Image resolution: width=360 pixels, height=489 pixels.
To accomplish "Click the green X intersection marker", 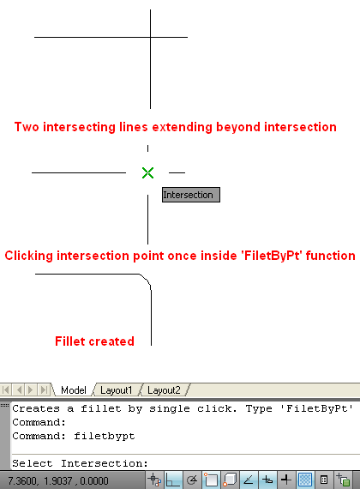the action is tap(147, 172).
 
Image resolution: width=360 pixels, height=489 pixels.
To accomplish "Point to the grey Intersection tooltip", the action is tap(191, 195).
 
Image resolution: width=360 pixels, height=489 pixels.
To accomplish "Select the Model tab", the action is tap(74, 390).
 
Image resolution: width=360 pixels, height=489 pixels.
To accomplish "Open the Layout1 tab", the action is tap(117, 390).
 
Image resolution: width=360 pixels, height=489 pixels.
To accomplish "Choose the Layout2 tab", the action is tap(164, 390).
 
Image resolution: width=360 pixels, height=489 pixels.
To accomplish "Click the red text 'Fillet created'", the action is tap(95, 341).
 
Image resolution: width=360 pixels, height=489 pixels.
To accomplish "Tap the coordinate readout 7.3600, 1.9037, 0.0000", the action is tap(58, 480).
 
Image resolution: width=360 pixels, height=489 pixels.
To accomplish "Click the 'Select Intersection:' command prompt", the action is tap(80, 463).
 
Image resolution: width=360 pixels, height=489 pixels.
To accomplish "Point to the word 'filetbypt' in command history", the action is tap(105, 436).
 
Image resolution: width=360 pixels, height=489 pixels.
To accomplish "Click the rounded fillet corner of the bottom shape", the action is tap(147, 280).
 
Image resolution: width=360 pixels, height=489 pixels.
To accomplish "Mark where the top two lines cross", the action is tap(151, 37).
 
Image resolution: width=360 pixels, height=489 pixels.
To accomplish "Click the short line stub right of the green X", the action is tap(177, 172).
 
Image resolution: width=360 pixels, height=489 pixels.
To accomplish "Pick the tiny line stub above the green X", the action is tap(147, 148).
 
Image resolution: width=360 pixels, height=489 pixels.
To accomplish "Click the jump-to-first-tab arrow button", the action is tap(6, 389).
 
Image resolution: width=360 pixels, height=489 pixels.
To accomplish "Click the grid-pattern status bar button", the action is tap(305, 480).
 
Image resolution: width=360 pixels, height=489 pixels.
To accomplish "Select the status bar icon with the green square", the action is tap(343, 480).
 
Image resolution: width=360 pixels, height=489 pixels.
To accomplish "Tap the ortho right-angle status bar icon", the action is tap(173, 480).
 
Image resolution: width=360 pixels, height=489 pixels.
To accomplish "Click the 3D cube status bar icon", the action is tap(230, 480).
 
